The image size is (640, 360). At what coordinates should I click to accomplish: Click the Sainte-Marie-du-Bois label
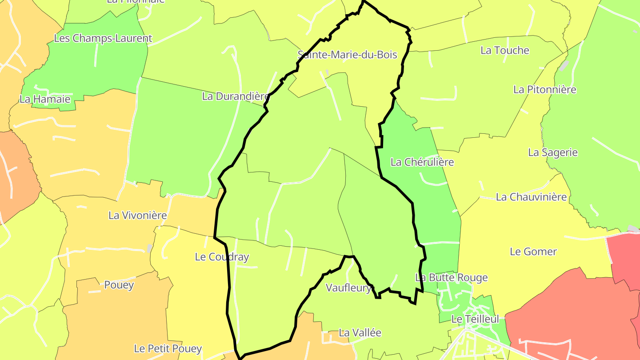(x=347, y=55)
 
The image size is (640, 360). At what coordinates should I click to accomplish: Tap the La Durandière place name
(x=236, y=96)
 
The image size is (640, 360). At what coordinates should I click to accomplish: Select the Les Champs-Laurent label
(x=103, y=38)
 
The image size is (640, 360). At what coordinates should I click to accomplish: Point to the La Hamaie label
(x=45, y=99)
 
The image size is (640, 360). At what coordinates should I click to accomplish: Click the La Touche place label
(x=504, y=50)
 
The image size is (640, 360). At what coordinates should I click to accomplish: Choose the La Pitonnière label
(x=544, y=89)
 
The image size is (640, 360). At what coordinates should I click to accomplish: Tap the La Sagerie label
(x=552, y=152)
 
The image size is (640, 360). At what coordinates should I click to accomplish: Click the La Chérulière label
(x=422, y=162)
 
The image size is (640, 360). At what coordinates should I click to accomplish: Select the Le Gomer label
(x=533, y=252)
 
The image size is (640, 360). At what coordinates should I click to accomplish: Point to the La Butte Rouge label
(x=451, y=277)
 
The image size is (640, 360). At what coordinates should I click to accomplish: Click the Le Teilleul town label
(x=475, y=319)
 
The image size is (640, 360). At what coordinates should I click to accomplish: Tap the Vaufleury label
(x=348, y=288)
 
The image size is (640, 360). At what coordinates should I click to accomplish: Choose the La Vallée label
(x=360, y=332)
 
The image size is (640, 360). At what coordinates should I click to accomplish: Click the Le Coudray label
(x=222, y=256)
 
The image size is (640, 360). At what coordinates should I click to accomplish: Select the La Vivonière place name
(x=137, y=216)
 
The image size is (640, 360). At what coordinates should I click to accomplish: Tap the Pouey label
(x=119, y=285)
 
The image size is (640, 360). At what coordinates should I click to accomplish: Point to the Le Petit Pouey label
(x=168, y=348)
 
